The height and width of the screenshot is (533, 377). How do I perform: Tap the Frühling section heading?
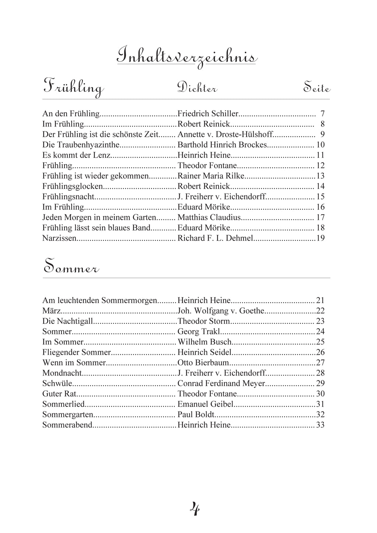coord(73,87)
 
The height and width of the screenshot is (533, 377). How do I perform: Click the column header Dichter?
coord(197,88)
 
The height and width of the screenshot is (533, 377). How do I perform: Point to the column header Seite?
coord(317,88)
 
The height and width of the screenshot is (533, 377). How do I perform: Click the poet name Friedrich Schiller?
coord(208,114)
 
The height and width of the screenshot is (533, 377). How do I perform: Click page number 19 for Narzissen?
coord(320,238)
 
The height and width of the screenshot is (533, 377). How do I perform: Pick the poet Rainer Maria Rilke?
coord(211,176)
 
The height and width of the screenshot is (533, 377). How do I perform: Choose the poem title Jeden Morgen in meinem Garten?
coord(99,217)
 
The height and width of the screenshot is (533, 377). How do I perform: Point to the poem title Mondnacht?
coord(62,373)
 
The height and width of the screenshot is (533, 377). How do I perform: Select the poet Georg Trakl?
coord(193,331)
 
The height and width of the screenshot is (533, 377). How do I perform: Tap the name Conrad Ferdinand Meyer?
coord(221,383)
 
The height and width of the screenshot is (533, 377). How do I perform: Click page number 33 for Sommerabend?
coord(320,425)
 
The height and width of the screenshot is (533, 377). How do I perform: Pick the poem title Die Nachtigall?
coord(67,321)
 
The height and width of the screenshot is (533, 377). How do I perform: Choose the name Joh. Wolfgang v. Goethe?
coord(221,311)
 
